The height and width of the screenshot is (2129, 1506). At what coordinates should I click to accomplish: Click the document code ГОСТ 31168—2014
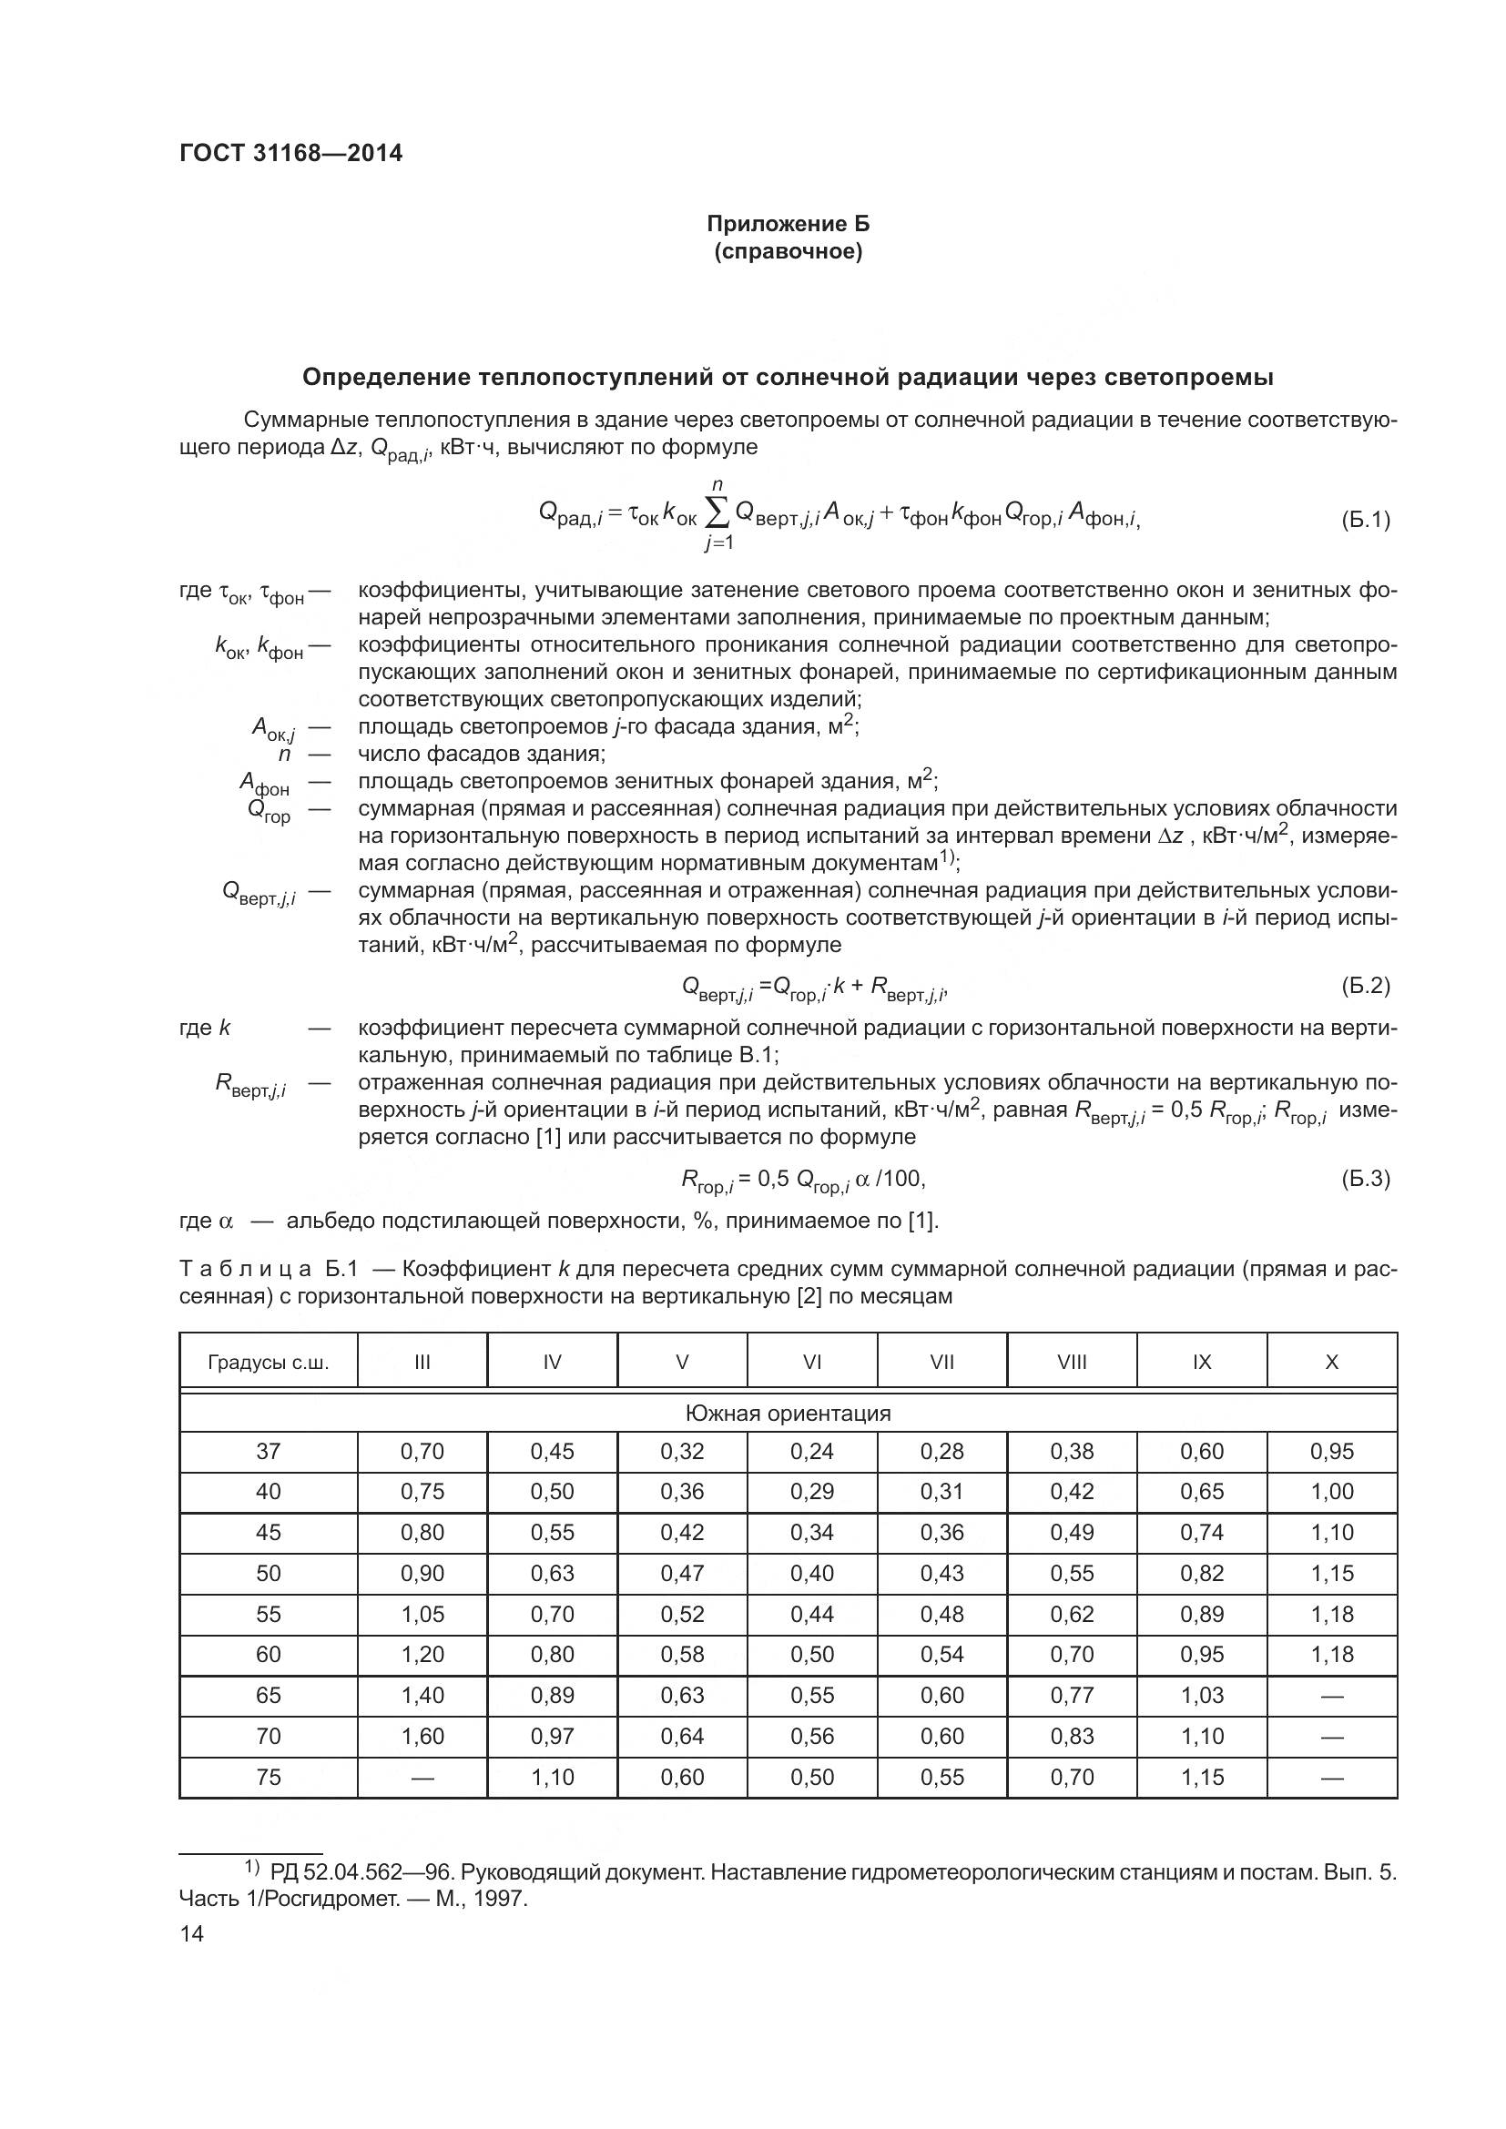(290, 154)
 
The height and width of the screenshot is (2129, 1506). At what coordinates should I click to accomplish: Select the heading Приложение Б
(789, 224)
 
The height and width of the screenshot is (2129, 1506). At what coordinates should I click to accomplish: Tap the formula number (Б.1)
(1365, 521)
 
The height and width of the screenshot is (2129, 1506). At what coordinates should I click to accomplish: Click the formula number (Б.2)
(1365, 986)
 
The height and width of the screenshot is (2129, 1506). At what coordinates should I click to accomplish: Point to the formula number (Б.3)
(1365, 1180)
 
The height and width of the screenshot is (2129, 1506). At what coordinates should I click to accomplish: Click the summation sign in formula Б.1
(717, 513)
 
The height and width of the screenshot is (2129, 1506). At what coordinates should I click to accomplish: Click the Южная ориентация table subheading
(788, 1414)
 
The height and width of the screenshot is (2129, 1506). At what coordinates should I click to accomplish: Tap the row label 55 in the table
(268, 1615)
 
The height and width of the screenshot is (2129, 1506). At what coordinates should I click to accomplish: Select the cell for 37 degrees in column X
(1332, 1452)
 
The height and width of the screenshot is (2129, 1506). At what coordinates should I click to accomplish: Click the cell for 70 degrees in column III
(422, 1737)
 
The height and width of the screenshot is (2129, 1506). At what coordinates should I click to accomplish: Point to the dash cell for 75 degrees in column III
(422, 1778)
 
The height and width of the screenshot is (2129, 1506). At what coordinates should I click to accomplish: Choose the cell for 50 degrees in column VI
(812, 1574)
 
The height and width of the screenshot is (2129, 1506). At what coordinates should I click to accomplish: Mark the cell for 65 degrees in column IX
(1202, 1696)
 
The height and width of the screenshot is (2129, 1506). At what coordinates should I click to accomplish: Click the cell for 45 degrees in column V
(683, 1533)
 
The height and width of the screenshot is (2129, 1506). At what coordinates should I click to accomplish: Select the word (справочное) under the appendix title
(789, 252)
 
